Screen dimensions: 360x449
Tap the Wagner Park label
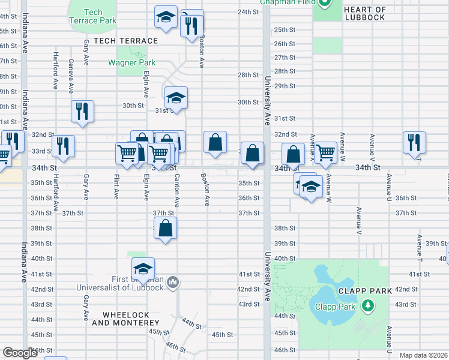click(131, 62)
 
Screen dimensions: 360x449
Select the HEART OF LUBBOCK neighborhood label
click(365, 13)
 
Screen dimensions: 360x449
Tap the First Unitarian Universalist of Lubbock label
click(137, 283)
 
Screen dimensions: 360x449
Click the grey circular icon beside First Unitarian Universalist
click(173, 281)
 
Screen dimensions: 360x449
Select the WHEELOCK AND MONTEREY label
click(130, 319)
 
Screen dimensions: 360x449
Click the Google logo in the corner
click(20, 353)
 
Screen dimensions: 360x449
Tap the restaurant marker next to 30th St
click(82, 111)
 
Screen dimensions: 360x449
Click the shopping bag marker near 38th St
click(166, 229)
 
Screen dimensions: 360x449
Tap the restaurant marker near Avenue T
click(414, 142)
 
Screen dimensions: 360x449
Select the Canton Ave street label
click(176, 187)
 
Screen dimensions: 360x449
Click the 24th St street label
click(248, 12)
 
